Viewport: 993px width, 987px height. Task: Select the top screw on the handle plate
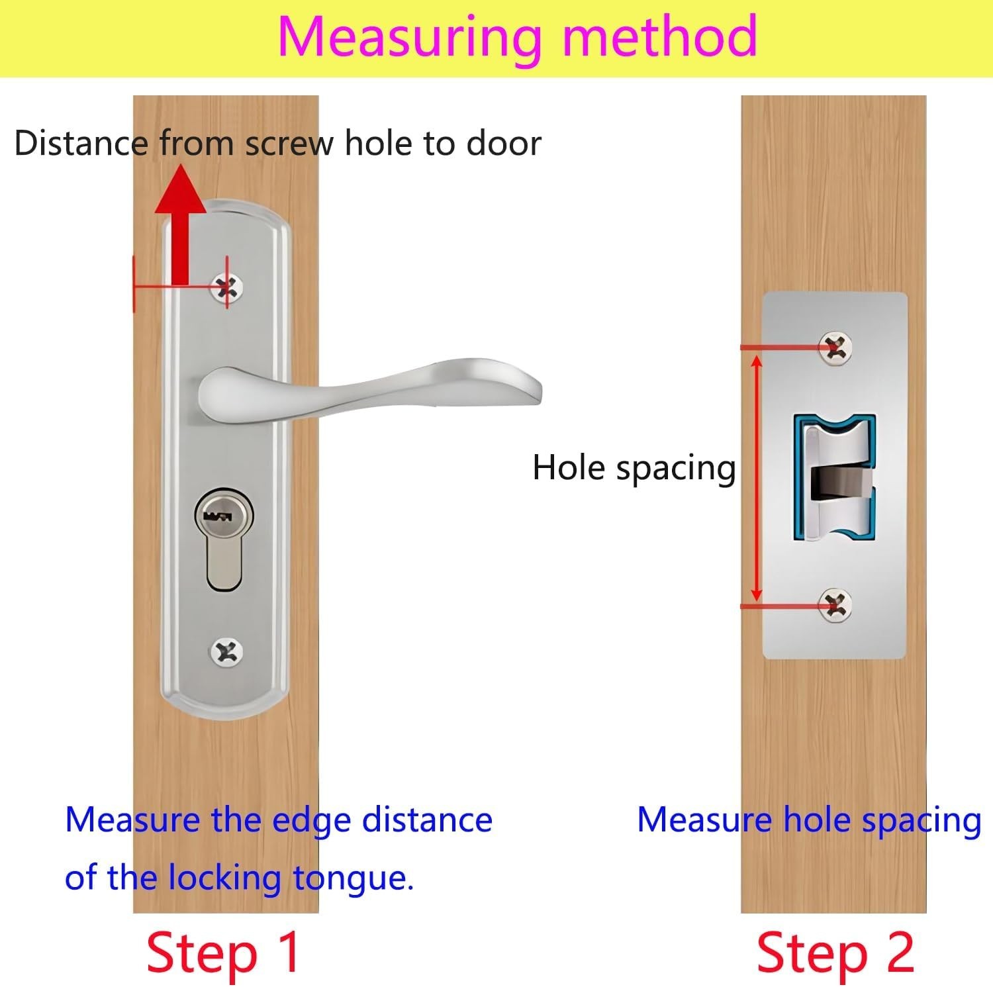coord(226,287)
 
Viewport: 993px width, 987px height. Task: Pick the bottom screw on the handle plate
coord(226,653)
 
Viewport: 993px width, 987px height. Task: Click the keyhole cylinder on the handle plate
coord(224,538)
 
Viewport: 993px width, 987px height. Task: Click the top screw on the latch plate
coord(835,347)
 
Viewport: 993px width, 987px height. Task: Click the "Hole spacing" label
coord(634,469)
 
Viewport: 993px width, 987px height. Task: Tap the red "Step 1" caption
coord(224,953)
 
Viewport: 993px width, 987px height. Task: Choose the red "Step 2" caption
coord(835,953)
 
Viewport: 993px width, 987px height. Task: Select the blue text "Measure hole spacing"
coord(808,821)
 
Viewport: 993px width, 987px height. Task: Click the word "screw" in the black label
coord(289,144)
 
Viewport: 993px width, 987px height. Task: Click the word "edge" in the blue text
coord(311,821)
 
